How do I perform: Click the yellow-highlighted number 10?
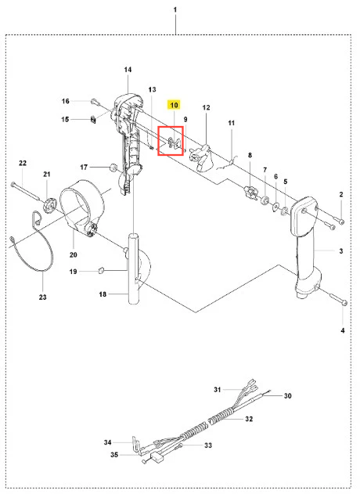(174, 105)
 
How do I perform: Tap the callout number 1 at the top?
(175, 9)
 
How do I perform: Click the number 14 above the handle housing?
(128, 70)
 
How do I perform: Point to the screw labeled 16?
(95, 102)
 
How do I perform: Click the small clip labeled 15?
(93, 120)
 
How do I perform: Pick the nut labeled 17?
(112, 167)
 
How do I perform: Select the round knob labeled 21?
(49, 205)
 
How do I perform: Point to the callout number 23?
(42, 297)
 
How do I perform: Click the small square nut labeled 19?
(101, 270)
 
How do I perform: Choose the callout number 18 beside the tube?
(103, 294)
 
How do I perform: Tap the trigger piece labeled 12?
(200, 157)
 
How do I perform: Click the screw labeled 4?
(338, 299)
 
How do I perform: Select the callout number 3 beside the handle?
(341, 251)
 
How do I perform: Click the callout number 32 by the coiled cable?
(249, 419)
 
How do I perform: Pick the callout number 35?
(114, 455)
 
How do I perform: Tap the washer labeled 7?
(265, 200)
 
